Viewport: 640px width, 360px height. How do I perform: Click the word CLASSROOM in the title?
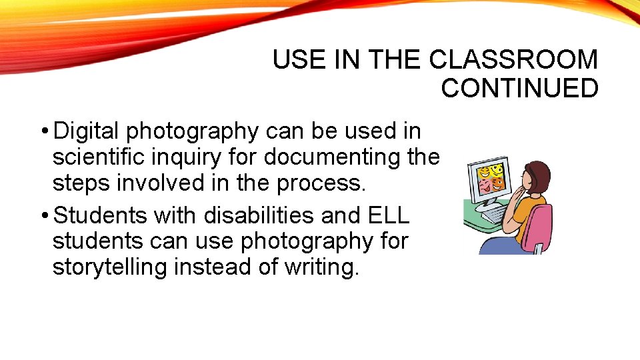point(513,60)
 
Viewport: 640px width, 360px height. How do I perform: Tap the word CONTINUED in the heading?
point(519,89)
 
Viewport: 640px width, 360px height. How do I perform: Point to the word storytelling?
point(109,268)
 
